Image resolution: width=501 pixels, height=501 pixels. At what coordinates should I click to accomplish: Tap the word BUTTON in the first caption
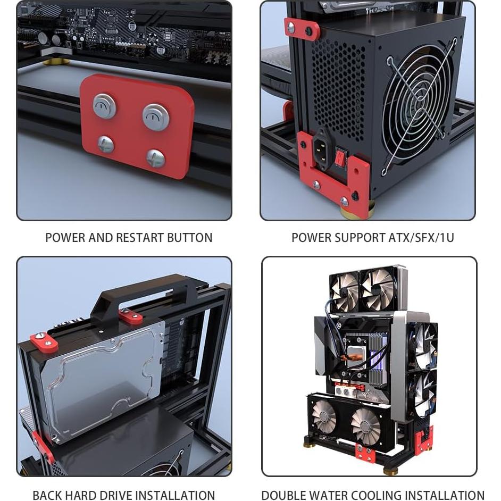190,238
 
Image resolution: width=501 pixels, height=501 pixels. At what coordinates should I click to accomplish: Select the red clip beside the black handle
130,316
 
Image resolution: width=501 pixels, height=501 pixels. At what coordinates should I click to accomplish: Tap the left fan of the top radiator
344,289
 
